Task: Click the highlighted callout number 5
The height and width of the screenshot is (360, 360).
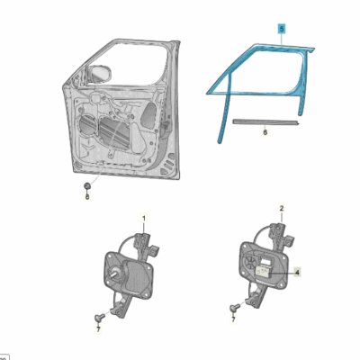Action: (282, 29)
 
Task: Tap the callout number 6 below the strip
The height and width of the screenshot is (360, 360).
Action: (265, 132)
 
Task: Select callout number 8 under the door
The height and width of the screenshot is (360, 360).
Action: (87, 197)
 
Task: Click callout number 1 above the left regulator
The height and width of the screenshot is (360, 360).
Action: (144, 219)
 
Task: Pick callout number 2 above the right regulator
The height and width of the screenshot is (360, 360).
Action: (282, 208)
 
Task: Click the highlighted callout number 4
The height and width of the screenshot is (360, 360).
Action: (297, 273)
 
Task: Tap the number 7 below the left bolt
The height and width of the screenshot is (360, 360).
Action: (98, 329)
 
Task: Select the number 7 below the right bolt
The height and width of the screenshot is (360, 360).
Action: (233, 319)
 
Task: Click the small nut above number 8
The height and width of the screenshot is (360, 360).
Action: (87, 186)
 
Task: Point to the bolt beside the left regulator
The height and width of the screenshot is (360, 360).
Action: (99, 317)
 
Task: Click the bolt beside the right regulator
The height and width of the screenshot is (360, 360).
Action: (234, 308)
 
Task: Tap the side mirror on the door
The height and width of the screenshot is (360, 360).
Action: (100, 74)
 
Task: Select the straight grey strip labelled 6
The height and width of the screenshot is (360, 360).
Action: (266, 121)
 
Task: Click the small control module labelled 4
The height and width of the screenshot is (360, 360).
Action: (263, 272)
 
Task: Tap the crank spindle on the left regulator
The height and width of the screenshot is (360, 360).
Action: (114, 273)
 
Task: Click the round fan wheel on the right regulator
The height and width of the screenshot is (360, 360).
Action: (250, 264)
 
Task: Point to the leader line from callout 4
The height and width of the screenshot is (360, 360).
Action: (282, 273)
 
